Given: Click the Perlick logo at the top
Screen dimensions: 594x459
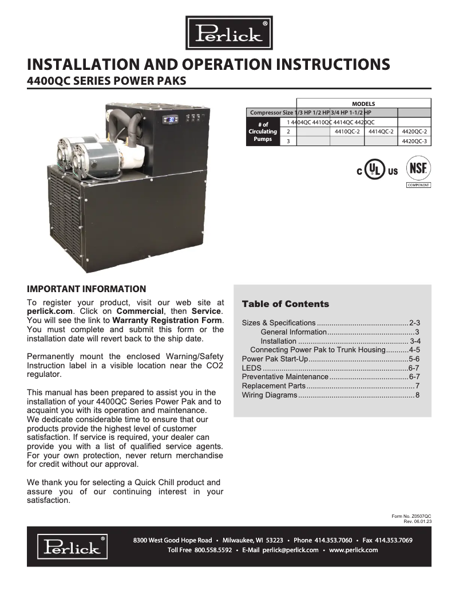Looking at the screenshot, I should click(x=229, y=33).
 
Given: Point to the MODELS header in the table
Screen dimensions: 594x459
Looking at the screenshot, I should click(x=363, y=104).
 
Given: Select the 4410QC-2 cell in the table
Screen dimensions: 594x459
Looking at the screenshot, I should click(x=346, y=131).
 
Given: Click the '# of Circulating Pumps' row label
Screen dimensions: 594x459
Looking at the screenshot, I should click(x=263, y=132).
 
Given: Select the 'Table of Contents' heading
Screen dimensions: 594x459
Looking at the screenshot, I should click(x=286, y=304).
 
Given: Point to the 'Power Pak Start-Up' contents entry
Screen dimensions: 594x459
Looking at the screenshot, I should click(x=275, y=359).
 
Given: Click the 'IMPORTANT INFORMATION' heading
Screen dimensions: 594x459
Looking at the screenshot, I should click(x=86, y=289).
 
